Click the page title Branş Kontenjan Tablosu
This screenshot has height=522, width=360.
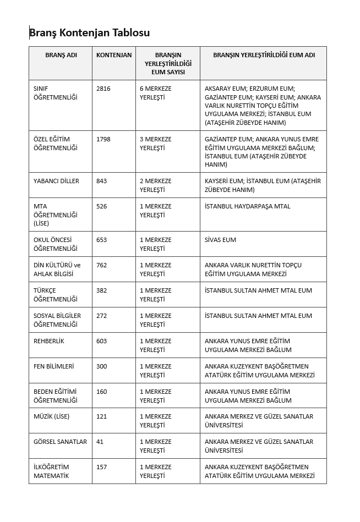[x=89, y=32]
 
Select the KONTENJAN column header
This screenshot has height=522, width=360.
[x=114, y=55]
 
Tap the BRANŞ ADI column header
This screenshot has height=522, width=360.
[x=61, y=55]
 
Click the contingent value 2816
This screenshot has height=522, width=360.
[x=103, y=89]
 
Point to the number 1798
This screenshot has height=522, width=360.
[x=103, y=139]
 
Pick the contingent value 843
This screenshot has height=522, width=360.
[x=102, y=181]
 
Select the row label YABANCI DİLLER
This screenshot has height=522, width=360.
[x=56, y=181]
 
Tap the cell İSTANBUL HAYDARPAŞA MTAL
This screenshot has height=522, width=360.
[x=247, y=206]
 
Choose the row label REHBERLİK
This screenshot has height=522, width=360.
[x=49, y=341]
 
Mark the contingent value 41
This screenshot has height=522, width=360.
[x=100, y=442]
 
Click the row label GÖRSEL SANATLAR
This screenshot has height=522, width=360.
[x=60, y=442]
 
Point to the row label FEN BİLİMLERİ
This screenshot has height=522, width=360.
[x=53, y=366]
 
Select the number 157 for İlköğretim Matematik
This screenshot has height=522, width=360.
[x=102, y=467]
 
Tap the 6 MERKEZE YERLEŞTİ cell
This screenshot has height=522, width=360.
[x=156, y=92]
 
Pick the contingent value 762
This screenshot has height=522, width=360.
[x=102, y=265]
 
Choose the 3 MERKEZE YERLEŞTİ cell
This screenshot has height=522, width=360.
[x=156, y=143]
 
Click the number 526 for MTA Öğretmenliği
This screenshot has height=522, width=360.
[x=102, y=206]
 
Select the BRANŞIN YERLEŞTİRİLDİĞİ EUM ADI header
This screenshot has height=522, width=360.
[x=264, y=55]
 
